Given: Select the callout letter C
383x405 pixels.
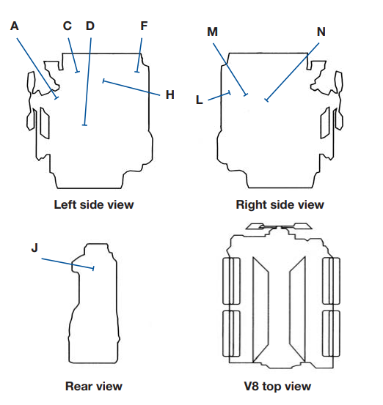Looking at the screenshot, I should [67, 26].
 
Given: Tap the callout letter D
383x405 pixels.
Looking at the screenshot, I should [90, 26].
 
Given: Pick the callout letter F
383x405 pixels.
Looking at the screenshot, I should [144, 26].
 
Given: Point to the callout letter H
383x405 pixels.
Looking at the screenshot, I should [169, 94].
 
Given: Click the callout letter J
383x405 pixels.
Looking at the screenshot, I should [34, 248].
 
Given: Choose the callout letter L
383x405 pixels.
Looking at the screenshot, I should [200, 100].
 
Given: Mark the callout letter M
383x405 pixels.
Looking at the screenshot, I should [213, 32].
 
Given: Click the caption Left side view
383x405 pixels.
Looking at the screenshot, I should [94, 204].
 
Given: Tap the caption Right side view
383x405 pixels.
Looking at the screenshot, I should [280, 204].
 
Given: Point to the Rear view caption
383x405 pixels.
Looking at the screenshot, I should [94, 386].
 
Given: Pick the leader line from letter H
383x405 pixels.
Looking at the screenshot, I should [132, 88].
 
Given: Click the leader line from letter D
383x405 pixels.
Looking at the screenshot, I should [87, 81].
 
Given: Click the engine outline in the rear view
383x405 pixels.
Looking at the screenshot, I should [70, 330].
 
